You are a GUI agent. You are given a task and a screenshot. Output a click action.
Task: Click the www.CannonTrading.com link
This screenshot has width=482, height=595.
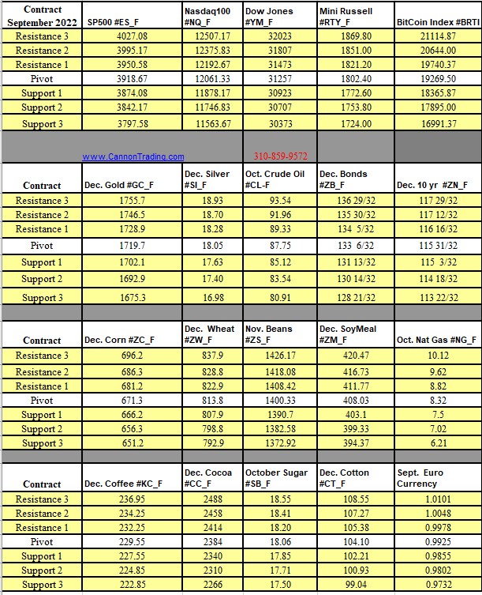(x=133, y=156)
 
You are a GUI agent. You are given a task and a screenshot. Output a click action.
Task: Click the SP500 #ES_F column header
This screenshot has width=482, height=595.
(x=115, y=23)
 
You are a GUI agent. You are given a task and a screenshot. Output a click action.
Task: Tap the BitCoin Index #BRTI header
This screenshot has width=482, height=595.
(x=436, y=23)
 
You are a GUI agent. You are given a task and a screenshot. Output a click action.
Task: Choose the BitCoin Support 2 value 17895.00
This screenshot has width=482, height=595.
(x=436, y=107)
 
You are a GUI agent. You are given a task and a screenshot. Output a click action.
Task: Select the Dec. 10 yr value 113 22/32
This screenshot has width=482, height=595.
(x=436, y=297)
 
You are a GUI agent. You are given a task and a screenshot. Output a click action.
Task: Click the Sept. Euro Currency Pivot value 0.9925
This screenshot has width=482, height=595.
(x=436, y=542)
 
